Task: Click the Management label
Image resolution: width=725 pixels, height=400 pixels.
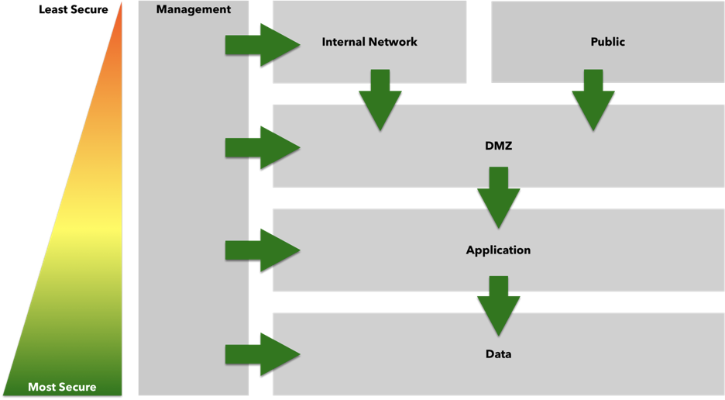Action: [x=194, y=10]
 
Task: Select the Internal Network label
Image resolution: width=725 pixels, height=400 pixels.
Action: [x=369, y=42]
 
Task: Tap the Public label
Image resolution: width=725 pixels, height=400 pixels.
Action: [x=607, y=42]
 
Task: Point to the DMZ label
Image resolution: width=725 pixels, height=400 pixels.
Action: [x=499, y=145]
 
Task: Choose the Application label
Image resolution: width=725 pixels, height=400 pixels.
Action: [x=498, y=250]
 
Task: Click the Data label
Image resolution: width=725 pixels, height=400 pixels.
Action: [x=498, y=354]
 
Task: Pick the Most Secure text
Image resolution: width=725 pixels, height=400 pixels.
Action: [x=62, y=387]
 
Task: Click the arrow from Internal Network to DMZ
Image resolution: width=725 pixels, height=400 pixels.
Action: [x=380, y=99]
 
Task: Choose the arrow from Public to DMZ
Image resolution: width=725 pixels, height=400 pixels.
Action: [x=593, y=99]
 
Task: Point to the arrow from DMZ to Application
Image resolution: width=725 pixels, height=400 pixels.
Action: [x=499, y=198]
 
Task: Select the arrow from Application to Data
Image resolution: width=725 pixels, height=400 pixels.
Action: [x=499, y=302]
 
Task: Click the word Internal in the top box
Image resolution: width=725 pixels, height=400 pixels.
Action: [x=342, y=42]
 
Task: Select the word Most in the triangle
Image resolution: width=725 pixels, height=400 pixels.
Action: [x=40, y=387]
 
